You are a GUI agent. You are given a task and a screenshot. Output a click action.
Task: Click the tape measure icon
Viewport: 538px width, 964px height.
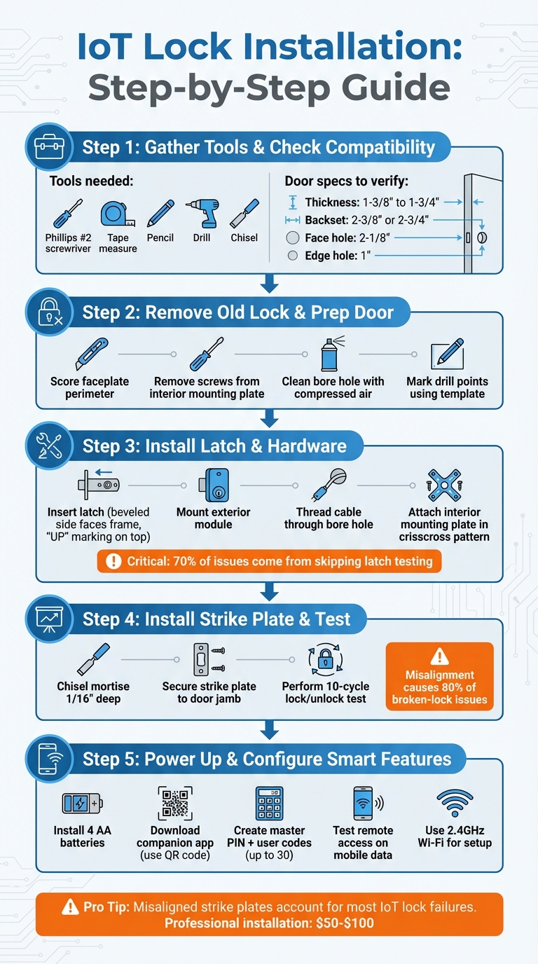coord(116,213)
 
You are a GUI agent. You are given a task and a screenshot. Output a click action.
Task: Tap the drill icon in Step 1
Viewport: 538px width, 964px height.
coord(202,213)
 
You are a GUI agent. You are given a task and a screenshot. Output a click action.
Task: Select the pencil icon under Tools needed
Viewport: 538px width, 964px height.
coord(160,213)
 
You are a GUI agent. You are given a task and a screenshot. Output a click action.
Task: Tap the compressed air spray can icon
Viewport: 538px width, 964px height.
coord(329,354)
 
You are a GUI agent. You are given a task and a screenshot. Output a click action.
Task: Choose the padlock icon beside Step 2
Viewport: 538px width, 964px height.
coord(49,312)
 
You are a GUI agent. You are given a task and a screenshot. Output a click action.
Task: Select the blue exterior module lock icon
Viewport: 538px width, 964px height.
coord(212,485)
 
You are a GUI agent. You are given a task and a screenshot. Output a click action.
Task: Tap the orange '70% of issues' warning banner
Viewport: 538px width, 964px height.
coord(269,561)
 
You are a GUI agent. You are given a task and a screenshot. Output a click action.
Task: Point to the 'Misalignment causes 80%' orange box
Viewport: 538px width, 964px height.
coord(440,677)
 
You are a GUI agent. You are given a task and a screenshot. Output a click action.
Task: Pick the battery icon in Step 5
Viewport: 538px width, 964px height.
coord(81,803)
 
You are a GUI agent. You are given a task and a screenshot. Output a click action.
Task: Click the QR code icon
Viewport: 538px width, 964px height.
coord(174,803)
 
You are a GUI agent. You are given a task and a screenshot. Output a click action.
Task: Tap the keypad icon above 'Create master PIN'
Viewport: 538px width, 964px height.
coord(269,803)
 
